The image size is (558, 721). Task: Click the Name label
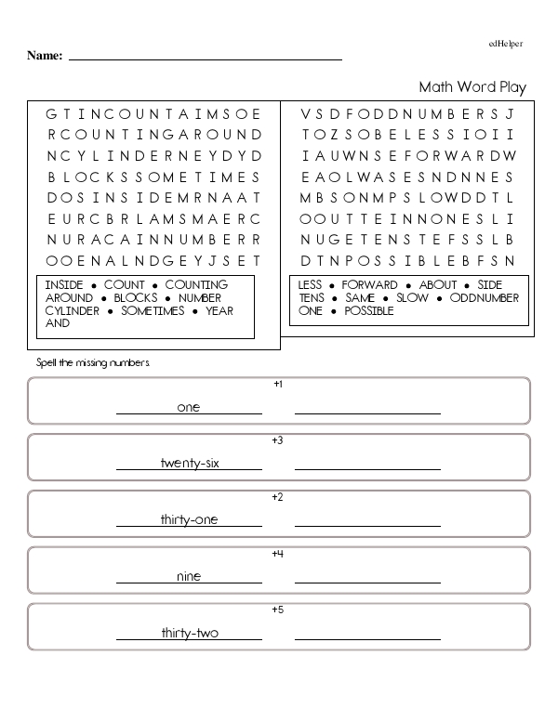pyautogui.click(x=45, y=56)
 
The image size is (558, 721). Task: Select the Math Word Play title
pyautogui.click(x=472, y=87)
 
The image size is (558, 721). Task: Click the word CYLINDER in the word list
pyautogui.click(x=73, y=311)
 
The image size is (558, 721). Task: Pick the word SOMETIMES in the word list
pyautogui.click(x=153, y=311)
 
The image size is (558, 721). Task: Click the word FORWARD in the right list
pyautogui.click(x=369, y=285)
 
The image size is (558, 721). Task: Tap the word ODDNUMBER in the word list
pyautogui.click(x=485, y=298)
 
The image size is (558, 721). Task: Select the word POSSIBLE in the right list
pyautogui.click(x=369, y=311)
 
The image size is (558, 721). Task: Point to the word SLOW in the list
pyautogui.click(x=413, y=298)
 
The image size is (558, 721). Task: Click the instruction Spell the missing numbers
pyautogui.click(x=92, y=362)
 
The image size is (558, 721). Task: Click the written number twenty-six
pyautogui.click(x=189, y=463)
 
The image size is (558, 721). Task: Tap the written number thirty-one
pyautogui.click(x=189, y=519)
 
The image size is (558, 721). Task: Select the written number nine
pyautogui.click(x=189, y=576)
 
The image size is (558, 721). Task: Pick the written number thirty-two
pyautogui.click(x=189, y=633)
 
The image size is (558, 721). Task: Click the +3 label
pyautogui.click(x=277, y=440)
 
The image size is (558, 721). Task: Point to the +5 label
pyautogui.click(x=277, y=610)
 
